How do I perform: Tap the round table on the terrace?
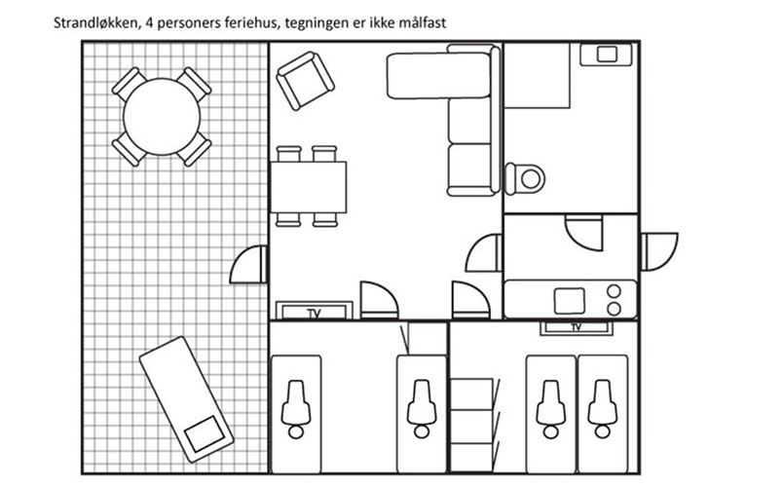coord(162,116)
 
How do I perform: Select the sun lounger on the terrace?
coord(186,399)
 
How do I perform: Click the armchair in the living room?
coord(305,81)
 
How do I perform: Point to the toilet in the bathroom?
coord(524,178)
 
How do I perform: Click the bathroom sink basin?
coord(607,54)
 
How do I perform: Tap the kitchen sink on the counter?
coord(570,301)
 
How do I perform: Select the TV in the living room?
coord(315,311)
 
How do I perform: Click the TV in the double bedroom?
coord(577,328)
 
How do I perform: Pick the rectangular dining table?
coord(309,187)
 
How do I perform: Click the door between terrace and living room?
coord(248,264)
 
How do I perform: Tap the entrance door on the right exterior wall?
coord(659,251)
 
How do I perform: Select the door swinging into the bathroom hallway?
coord(584,233)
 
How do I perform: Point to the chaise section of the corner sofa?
coord(438,75)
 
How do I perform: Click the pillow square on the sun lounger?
coord(205,433)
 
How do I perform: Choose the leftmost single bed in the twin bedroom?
coord(296,414)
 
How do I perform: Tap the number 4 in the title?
coord(149,23)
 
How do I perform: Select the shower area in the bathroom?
coord(537,75)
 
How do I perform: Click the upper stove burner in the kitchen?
coord(614,291)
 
